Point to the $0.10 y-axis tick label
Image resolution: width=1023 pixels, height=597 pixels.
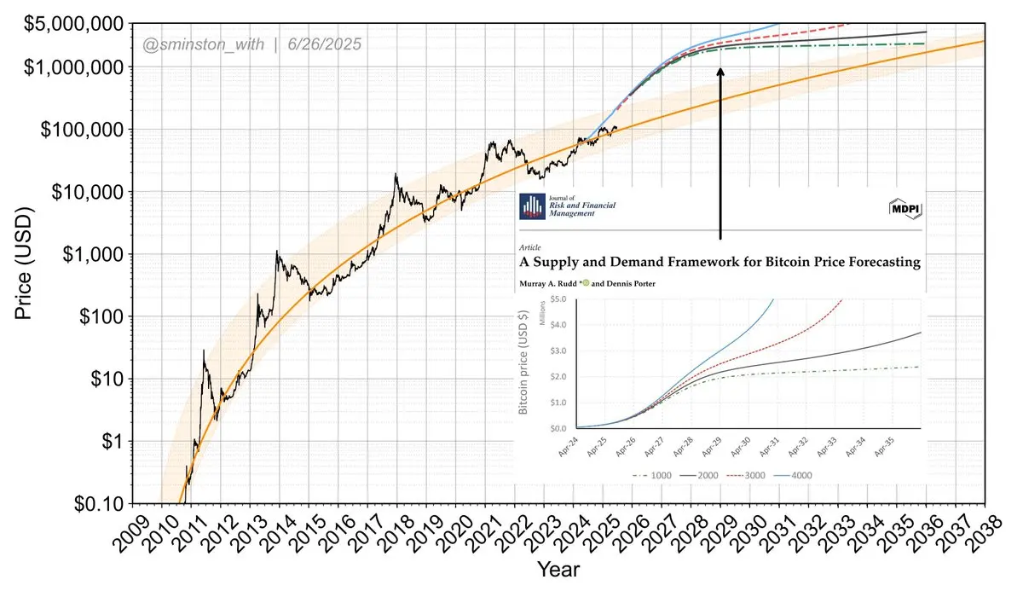click(105, 503)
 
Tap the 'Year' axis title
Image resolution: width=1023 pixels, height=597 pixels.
click(558, 568)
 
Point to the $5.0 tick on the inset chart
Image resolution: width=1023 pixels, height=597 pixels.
click(559, 299)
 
